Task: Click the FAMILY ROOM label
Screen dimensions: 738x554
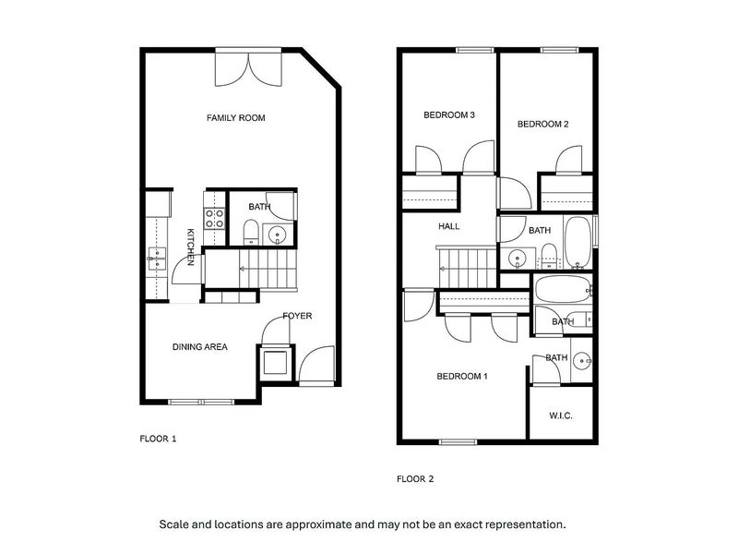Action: [x=236, y=118]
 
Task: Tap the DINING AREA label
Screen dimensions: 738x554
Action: [x=200, y=347]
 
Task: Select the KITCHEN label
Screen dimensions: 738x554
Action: [x=191, y=247]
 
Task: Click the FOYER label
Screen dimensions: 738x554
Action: [x=297, y=316]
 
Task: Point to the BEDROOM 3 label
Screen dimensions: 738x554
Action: [x=449, y=114]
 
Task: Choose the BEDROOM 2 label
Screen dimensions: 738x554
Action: [x=542, y=125]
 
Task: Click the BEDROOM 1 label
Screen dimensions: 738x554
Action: [x=462, y=377]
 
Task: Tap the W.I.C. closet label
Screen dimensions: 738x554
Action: [x=561, y=415]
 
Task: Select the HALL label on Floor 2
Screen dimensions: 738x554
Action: [x=449, y=226]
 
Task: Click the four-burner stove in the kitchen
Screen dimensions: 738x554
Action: [x=214, y=219]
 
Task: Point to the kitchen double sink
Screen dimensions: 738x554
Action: [x=156, y=259]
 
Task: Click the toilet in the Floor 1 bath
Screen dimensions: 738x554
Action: [x=250, y=232]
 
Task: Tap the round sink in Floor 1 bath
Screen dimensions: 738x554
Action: [x=279, y=234]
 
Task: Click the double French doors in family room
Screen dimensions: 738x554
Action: [x=248, y=66]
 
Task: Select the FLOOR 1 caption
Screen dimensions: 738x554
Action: [x=158, y=440]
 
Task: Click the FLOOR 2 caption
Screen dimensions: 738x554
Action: [x=415, y=479]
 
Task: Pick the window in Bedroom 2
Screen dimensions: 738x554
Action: [x=559, y=50]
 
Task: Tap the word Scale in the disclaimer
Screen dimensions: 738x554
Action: [x=173, y=524]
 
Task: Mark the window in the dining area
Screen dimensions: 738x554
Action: [x=201, y=403]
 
